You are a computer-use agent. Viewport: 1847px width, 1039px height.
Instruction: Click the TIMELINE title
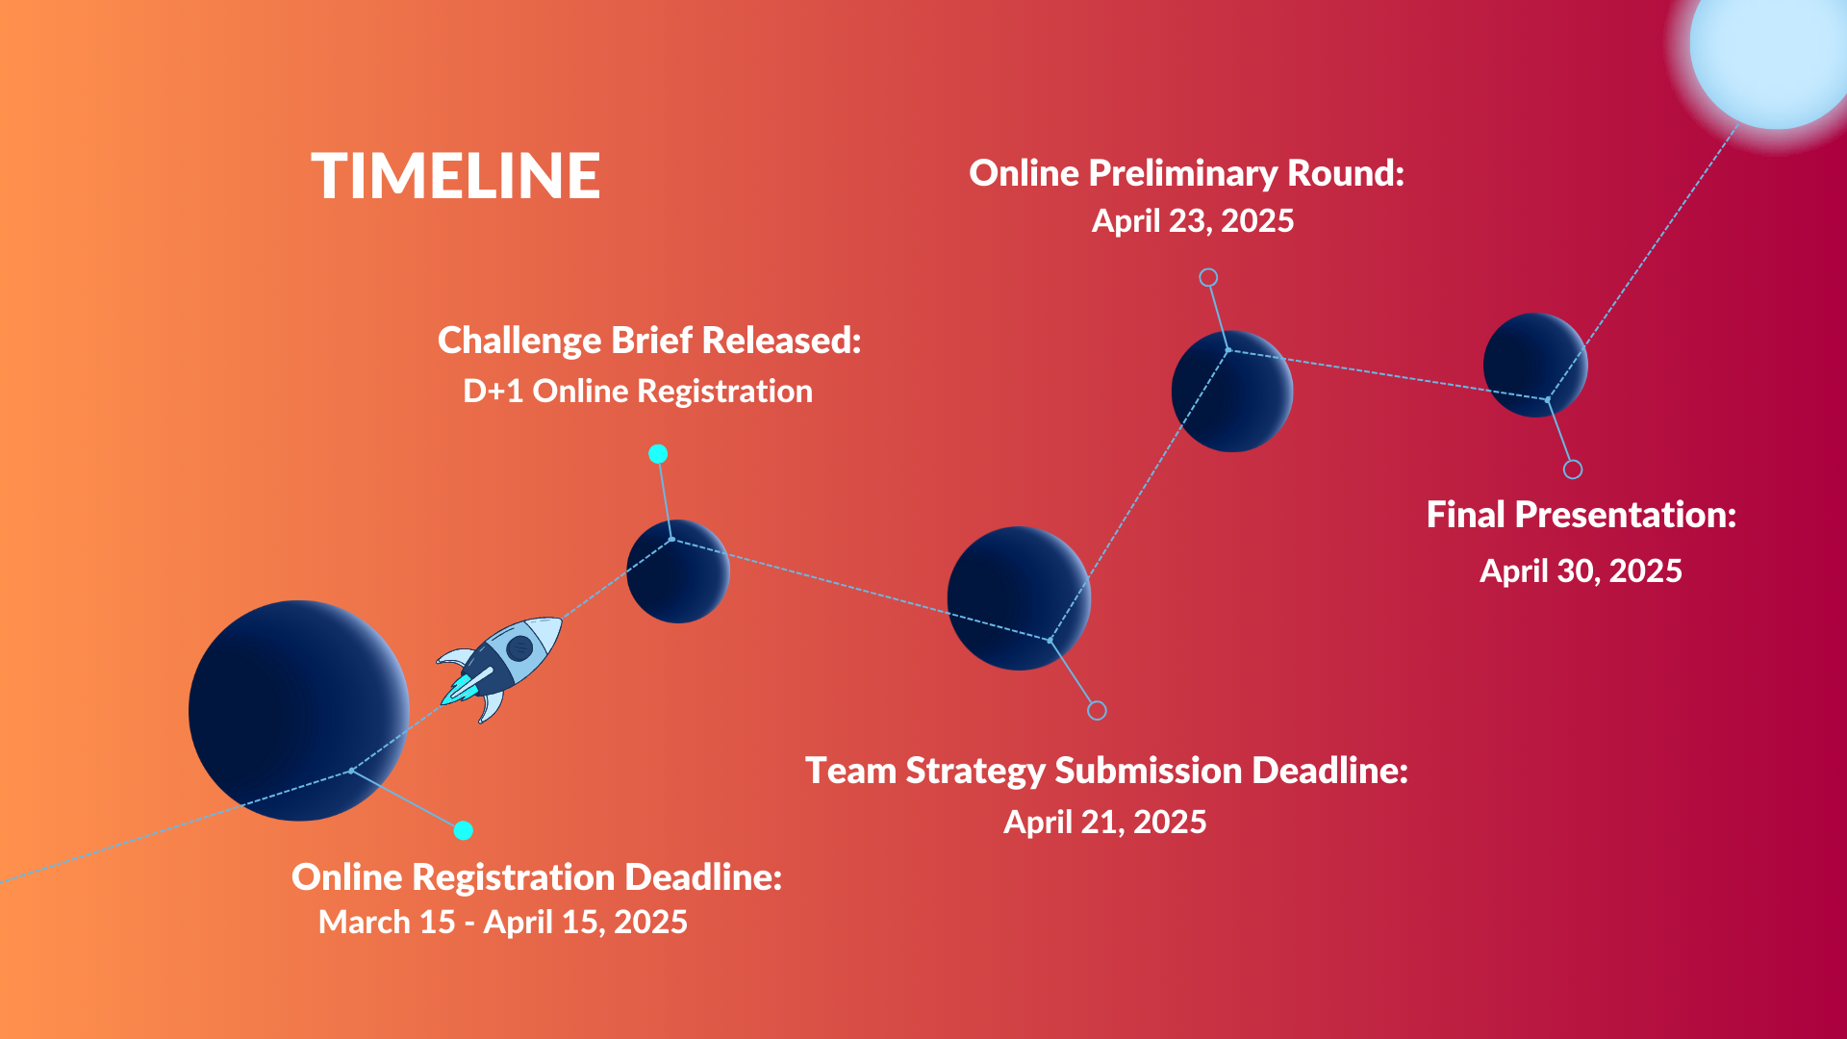point(456,176)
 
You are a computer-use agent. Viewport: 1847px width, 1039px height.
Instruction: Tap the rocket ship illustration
point(500,668)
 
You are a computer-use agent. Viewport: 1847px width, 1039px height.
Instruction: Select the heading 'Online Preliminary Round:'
point(1186,173)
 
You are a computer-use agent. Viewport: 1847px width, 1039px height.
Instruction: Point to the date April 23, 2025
point(1193,221)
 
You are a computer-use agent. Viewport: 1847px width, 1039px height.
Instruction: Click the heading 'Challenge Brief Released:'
point(649,341)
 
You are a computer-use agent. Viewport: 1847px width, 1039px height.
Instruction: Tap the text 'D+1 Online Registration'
point(638,392)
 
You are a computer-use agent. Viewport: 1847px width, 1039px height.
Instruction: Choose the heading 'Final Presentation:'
point(1581,515)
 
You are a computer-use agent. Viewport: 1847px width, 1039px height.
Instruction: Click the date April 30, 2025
point(1581,571)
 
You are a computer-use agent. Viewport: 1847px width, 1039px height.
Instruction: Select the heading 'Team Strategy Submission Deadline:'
point(1106,771)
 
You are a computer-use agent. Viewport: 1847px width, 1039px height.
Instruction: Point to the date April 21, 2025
point(1105,823)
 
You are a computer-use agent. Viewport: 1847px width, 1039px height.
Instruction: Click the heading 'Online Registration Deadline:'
point(537,877)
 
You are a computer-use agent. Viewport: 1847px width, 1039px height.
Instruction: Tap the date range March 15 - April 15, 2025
point(503,923)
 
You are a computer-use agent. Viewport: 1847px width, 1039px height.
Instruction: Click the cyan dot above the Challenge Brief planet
point(658,454)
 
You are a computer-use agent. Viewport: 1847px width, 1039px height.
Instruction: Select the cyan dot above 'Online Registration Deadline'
point(464,830)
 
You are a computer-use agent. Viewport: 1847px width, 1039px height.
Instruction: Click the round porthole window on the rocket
point(519,646)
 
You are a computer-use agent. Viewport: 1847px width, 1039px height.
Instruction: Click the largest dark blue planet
point(299,711)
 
